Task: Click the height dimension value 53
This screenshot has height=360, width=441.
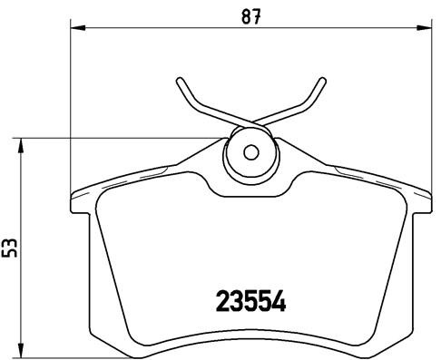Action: point(12,248)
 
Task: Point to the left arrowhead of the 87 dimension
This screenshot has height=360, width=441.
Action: point(75,30)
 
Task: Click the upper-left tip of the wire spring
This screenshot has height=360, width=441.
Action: point(179,79)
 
